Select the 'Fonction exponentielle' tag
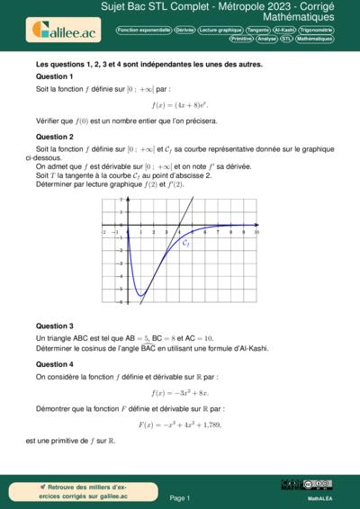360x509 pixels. pyautogui.click(x=143, y=30)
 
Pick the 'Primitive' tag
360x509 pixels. pyautogui.click(x=241, y=40)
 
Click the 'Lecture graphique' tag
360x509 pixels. pyautogui.click(x=220, y=30)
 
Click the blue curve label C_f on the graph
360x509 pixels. pyautogui.click(x=185, y=243)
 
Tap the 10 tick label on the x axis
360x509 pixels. pyautogui.click(x=256, y=231)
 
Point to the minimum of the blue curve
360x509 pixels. pyautogui.click(x=140, y=294)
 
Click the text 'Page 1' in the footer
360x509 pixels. pyautogui.click(x=179, y=496)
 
